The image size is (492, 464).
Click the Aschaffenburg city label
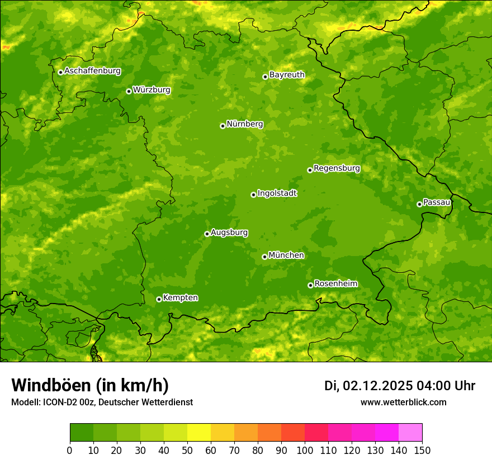point(92,71)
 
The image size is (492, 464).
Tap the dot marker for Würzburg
point(129,91)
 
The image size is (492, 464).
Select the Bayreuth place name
point(287,75)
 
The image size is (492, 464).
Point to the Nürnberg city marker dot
point(223,126)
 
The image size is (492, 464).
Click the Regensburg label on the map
point(337,168)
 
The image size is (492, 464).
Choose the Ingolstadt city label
point(277,193)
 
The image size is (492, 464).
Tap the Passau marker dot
point(419,204)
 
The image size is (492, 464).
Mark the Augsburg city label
point(229,233)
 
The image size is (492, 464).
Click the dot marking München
point(264,257)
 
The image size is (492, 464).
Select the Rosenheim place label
point(335,284)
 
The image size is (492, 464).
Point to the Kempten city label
point(180,298)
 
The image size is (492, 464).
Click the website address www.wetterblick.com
point(403,402)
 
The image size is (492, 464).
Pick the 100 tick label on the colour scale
point(305,451)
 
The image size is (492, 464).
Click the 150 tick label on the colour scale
point(422,451)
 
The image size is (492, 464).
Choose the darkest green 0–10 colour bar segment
point(82,433)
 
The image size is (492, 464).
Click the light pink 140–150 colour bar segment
point(410,433)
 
